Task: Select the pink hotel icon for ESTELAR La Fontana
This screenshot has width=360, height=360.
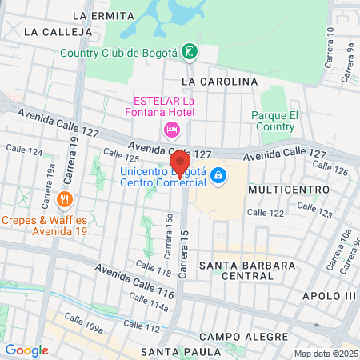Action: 170,130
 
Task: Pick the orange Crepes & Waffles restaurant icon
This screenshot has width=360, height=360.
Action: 65,198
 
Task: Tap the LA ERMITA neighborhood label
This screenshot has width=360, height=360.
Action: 100,15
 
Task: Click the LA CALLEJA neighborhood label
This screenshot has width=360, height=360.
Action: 54,31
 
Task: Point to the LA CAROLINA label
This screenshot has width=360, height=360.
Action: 220,82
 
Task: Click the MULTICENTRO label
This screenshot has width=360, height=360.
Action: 289,190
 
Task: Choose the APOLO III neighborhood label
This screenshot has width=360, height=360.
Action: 328,295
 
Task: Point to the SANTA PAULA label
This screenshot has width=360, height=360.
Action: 181,352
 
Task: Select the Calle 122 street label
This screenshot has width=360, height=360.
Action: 266,212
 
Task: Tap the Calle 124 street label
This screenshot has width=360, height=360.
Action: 23,150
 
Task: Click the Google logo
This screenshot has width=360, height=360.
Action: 26,350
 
